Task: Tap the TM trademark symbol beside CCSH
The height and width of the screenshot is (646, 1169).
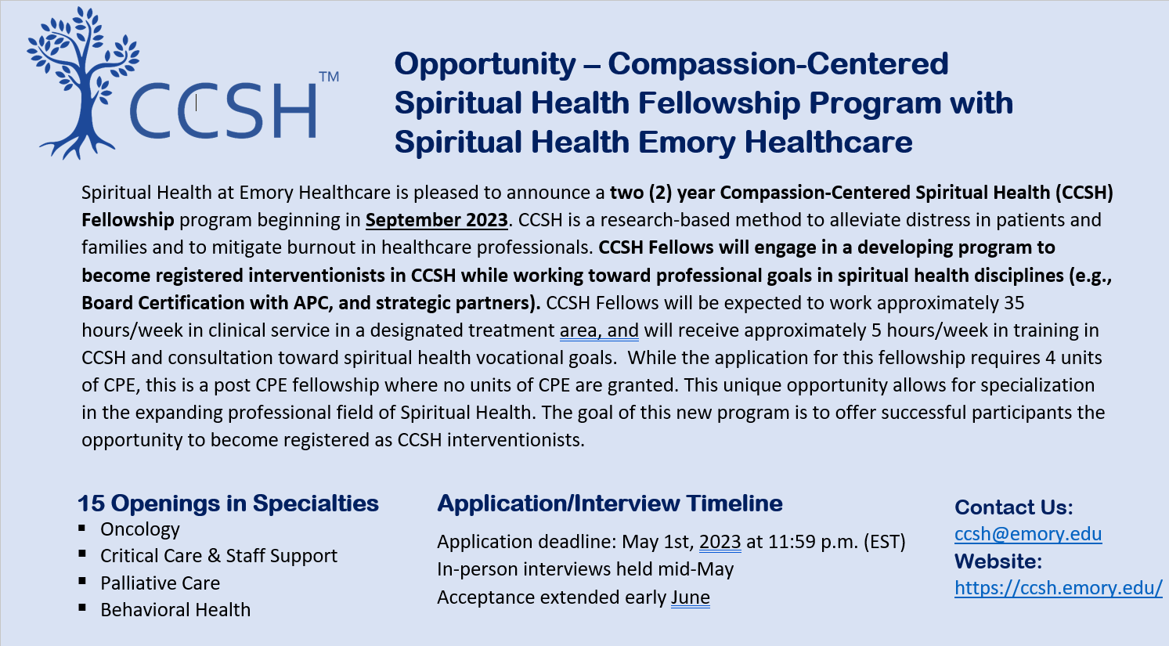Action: (x=329, y=77)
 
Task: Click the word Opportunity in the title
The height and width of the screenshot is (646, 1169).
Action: (x=485, y=65)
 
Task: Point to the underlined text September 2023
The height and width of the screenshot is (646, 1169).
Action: (x=436, y=220)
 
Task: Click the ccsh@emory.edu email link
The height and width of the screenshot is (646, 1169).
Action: (x=1028, y=534)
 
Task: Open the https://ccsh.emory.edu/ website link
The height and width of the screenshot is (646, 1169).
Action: (x=1059, y=587)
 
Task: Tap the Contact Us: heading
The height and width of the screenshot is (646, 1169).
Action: (x=1013, y=507)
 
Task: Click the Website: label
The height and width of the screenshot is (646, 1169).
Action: (x=998, y=561)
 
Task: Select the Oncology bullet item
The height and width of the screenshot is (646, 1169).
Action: (x=140, y=529)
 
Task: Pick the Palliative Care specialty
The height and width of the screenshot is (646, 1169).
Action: (x=161, y=583)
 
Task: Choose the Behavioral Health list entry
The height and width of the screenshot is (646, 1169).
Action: (x=175, y=609)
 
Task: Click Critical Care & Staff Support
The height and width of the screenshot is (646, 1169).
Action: (x=218, y=556)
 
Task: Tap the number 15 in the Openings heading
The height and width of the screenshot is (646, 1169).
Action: (x=92, y=503)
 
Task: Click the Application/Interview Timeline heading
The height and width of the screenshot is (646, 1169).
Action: (x=609, y=503)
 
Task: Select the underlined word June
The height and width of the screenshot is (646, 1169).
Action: (x=691, y=597)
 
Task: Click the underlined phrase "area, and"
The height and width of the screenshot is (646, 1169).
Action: (x=599, y=330)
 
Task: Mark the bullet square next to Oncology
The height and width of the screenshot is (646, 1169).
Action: (x=82, y=528)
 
